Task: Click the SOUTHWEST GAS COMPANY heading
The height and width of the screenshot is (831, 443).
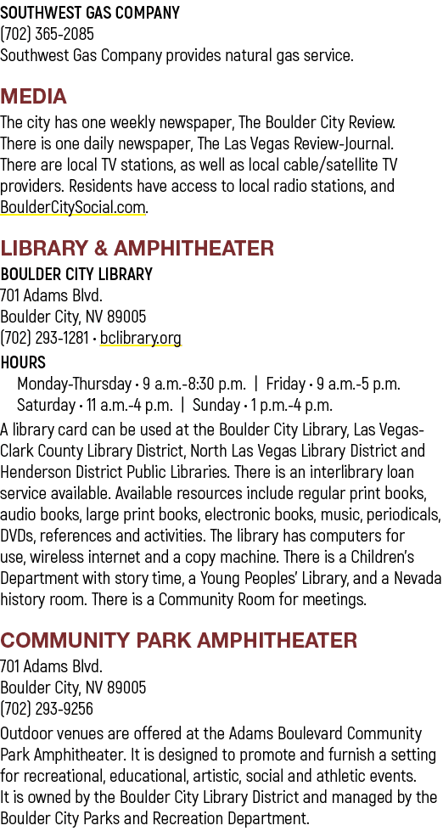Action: pos(90,13)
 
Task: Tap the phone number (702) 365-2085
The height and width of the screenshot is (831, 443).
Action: pos(48,34)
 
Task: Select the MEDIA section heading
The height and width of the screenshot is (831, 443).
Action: pos(33,97)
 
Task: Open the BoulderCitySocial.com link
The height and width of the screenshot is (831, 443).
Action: pos(73,207)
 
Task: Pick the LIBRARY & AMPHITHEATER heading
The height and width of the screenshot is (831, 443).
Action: pos(137,248)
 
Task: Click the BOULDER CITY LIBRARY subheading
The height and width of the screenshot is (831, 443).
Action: pos(76,274)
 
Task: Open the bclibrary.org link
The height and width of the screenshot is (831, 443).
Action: pos(140,338)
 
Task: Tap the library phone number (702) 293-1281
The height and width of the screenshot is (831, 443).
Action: pos(44,338)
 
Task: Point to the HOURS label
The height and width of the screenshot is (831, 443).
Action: pos(23,362)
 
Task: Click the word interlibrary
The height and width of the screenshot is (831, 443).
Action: pos(336,472)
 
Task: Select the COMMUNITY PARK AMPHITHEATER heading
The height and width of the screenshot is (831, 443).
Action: pos(178,640)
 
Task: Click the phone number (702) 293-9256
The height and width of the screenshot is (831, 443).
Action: pos(47,709)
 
